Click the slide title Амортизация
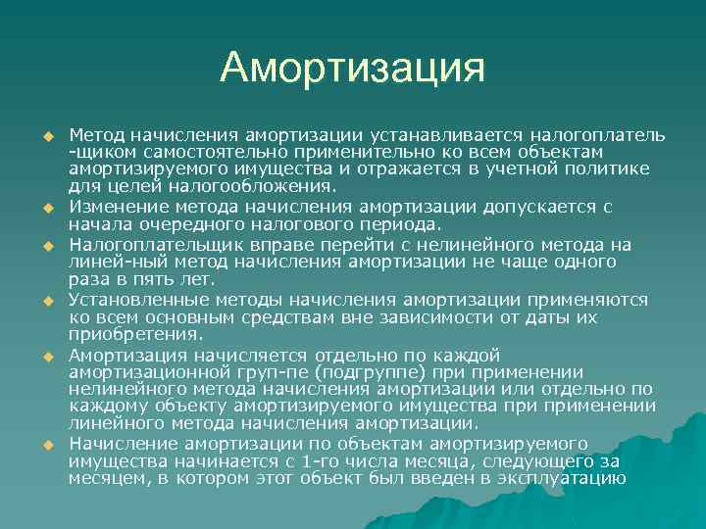coord(353,68)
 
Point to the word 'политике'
coord(612,169)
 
